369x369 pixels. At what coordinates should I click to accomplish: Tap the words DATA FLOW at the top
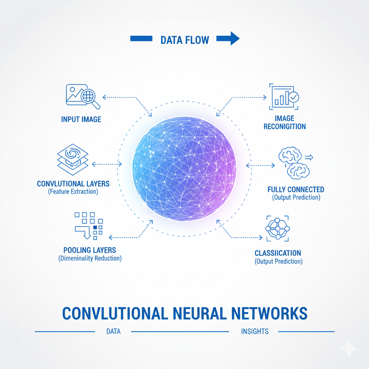click(x=185, y=39)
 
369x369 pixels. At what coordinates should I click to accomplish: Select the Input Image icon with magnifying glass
click(x=83, y=96)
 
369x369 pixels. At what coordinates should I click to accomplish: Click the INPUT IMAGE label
click(x=81, y=119)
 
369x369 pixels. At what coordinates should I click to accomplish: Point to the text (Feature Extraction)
click(x=73, y=192)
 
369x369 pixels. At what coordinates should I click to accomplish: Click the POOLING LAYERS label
click(x=90, y=250)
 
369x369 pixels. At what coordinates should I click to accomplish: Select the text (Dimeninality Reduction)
click(x=90, y=258)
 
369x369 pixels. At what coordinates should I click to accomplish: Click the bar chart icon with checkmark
click(x=284, y=97)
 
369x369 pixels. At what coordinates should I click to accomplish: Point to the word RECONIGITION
click(x=285, y=126)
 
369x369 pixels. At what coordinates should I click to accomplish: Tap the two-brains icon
click(x=294, y=163)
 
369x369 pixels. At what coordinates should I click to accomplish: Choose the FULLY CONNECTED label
click(x=296, y=190)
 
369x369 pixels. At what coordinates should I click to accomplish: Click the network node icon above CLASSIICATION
click(x=277, y=229)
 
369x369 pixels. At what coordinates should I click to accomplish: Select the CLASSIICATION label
click(x=278, y=253)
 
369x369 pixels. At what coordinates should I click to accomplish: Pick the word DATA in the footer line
click(x=113, y=332)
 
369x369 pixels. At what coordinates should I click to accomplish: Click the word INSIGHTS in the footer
click(x=255, y=332)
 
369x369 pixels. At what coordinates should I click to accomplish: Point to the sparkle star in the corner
click(x=348, y=349)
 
